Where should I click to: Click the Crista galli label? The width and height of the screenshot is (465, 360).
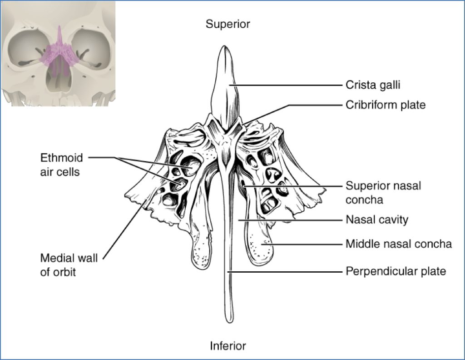coord(373,85)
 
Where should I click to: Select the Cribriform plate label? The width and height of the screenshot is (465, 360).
coord(386,105)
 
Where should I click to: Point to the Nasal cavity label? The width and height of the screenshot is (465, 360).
coord(377,220)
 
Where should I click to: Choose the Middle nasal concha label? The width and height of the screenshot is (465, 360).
coord(399,244)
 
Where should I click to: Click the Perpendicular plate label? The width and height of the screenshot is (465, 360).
coord(396,271)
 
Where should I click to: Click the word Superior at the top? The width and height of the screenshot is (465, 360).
coord(228,24)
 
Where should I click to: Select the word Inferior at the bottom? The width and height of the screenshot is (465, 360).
coord(228,346)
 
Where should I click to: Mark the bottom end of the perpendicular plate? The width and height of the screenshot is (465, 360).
coord(228,320)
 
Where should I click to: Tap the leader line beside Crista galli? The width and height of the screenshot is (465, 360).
coord(286,85)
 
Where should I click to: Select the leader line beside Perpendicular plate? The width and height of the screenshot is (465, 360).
coord(286,271)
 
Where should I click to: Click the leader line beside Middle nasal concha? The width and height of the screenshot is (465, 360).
coord(304,244)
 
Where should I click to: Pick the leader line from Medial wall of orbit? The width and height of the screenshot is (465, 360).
coord(123,227)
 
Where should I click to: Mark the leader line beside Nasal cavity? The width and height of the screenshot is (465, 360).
coord(291,220)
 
